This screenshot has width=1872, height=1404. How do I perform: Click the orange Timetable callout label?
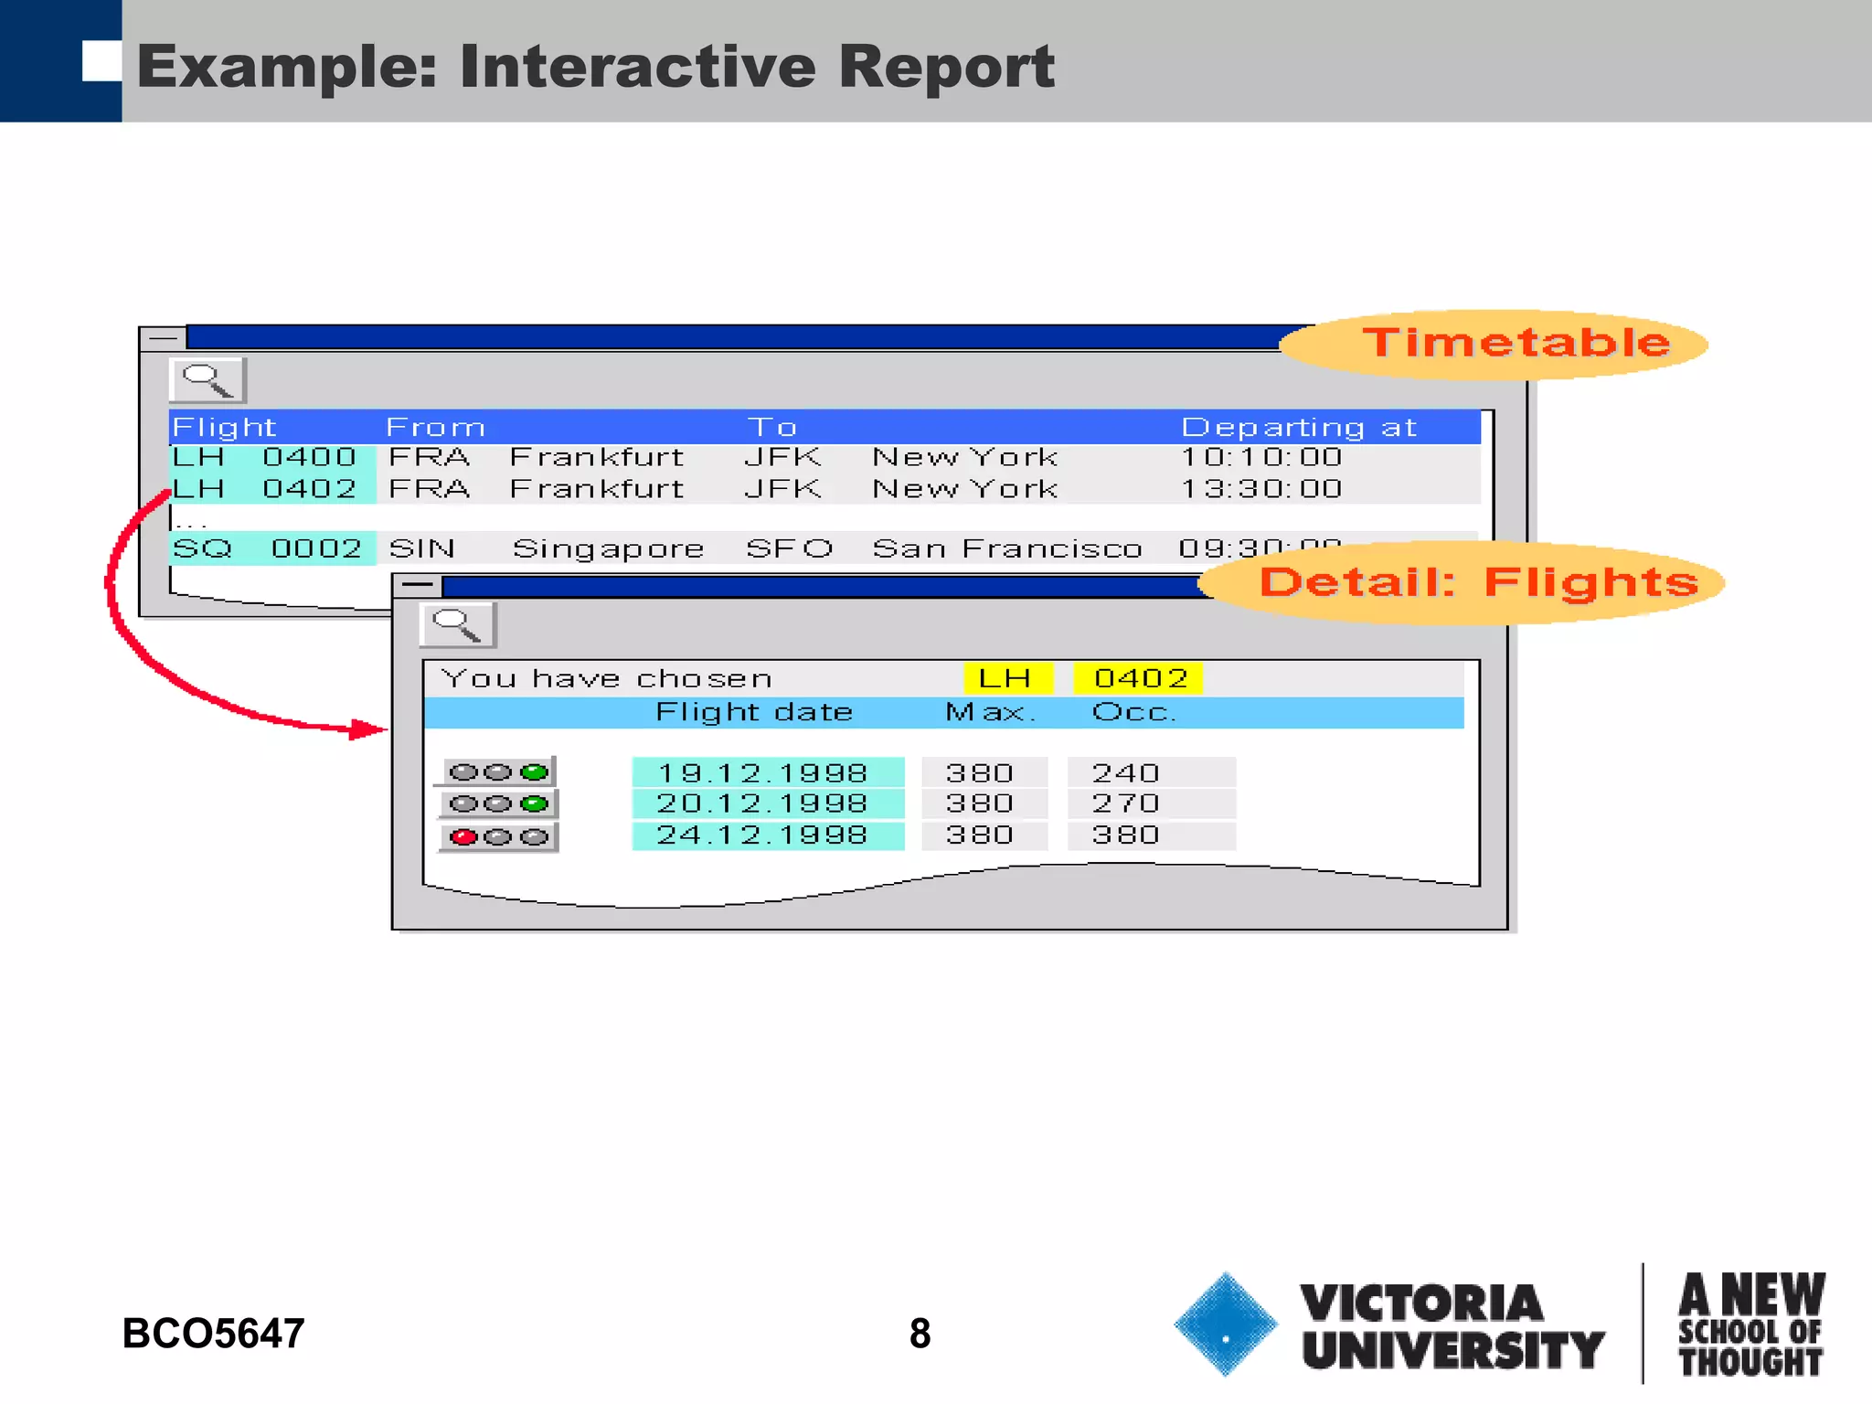(x=1516, y=343)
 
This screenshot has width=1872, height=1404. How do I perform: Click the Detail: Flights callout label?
(x=1477, y=582)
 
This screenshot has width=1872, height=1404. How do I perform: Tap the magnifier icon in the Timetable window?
(x=207, y=380)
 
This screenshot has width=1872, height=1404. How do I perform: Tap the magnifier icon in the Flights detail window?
(x=457, y=625)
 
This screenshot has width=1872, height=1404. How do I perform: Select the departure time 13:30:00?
(x=1261, y=489)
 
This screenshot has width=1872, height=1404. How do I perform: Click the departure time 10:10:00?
(x=1261, y=457)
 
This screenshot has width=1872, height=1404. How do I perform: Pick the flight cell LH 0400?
(x=271, y=457)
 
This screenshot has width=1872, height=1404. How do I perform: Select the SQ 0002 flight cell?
(x=271, y=548)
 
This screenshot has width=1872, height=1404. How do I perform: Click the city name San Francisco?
(x=1007, y=548)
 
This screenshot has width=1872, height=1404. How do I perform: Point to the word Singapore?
(x=608, y=548)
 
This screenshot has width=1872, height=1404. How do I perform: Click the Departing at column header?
(x=1298, y=427)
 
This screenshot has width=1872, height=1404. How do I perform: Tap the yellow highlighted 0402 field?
(x=1139, y=678)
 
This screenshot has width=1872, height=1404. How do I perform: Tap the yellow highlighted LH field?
(x=1005, y=678)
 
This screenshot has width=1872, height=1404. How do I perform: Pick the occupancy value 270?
(x=1126, y=803)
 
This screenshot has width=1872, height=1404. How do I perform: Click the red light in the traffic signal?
(x=464, y=836)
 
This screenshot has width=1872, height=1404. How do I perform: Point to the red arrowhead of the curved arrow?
(x=369, y=729)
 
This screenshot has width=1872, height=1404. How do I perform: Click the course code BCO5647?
(x=213, y=1334)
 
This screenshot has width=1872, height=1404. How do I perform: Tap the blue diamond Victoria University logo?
(x=1225, y=1324)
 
